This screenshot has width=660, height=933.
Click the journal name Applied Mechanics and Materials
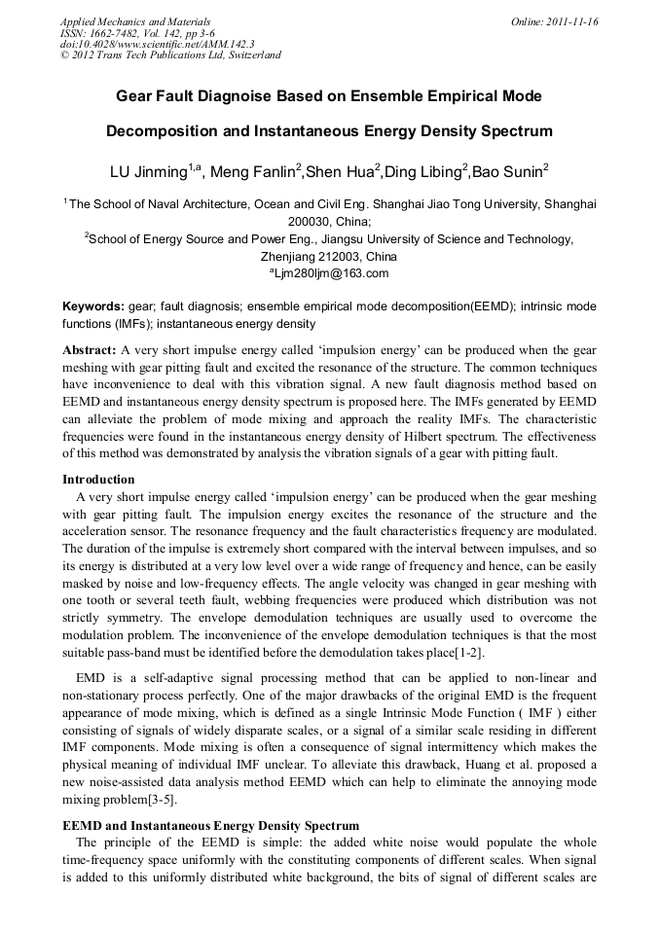click(135, 20)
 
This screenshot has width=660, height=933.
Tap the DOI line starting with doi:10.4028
click(143, 44)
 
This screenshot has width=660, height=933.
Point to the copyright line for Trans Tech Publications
click(170, 55)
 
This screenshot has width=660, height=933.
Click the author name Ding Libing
click(423, 172)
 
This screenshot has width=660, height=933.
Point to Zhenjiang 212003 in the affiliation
click(329, 257)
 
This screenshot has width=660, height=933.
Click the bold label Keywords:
click(92, 305)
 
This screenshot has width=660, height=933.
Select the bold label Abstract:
click(90, 348)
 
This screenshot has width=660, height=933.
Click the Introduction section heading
click(98, 479)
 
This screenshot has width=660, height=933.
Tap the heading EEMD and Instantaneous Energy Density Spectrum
click(210, 825)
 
